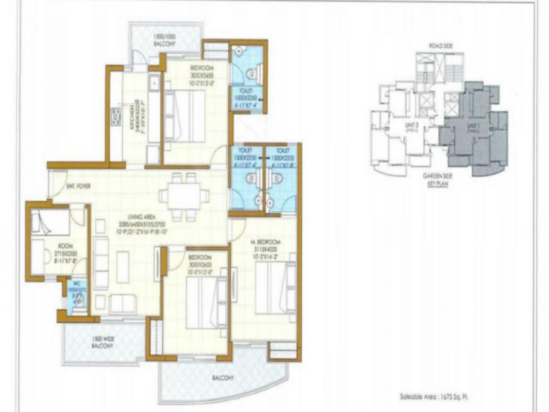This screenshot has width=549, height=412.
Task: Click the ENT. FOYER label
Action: pos(78,186)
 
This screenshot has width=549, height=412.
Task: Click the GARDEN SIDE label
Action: pos(433,182)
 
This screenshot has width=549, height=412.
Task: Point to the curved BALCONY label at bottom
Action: pos(223,378)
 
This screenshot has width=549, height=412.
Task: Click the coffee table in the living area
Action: pos(123,267)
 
